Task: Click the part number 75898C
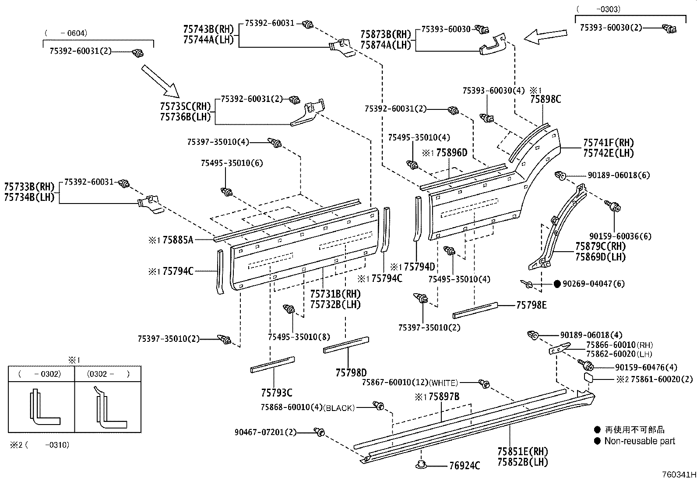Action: [545, 99]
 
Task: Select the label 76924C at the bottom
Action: [465, 465]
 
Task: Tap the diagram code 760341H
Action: [678, 474]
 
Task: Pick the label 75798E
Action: [531, 305]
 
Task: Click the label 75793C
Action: [276, 393]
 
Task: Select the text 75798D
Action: [351, 372]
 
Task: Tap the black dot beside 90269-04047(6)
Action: [557, 284]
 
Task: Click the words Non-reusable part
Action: [639, 441]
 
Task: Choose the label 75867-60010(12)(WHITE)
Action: [410, 383]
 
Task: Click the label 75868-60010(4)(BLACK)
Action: [307, 407]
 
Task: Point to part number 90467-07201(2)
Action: [265, 432]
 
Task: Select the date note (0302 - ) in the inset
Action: [108, 374]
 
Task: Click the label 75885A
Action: [177, 240]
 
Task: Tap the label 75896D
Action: [451, 153]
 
